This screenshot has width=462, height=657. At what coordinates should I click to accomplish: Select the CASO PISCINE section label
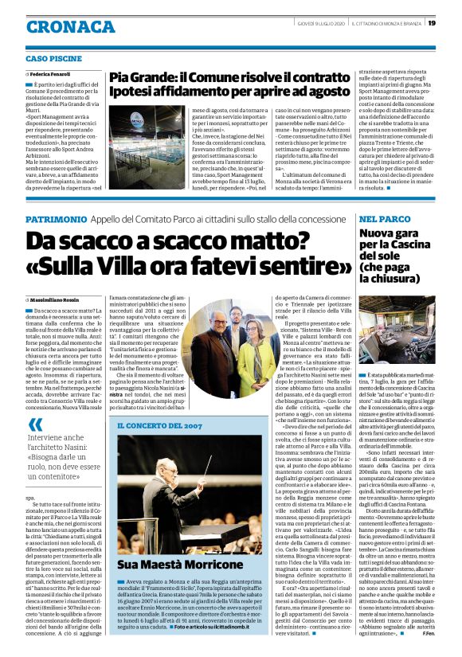(54, 59)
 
